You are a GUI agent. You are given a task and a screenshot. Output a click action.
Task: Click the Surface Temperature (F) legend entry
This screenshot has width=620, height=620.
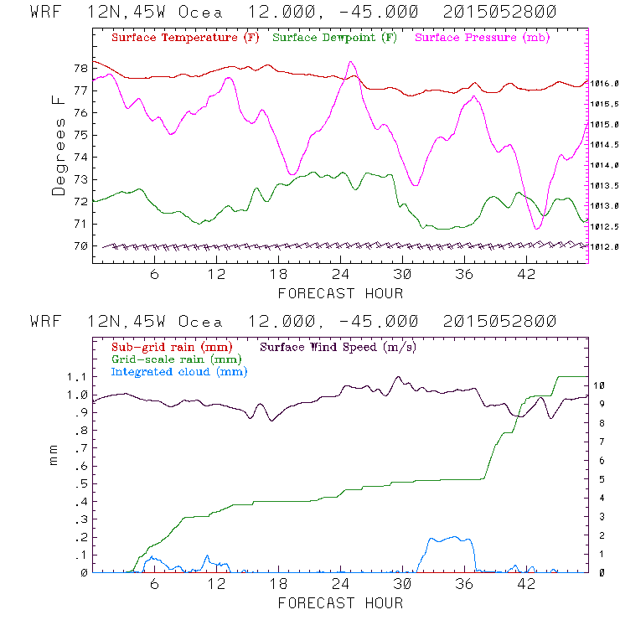click(x=185, y=39)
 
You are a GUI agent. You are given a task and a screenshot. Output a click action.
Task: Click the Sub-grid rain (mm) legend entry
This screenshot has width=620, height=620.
click(x=171, y=346)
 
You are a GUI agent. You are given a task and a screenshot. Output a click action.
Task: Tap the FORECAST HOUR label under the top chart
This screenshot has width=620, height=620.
click(x=340, y=293)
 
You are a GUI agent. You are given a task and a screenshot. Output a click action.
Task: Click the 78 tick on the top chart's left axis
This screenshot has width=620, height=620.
click(x=80, y=68)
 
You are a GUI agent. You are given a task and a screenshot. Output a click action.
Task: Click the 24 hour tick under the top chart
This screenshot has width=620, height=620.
click(x=340, y=275)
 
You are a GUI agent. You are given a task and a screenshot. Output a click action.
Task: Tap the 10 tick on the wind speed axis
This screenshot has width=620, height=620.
click(x=600, y=385)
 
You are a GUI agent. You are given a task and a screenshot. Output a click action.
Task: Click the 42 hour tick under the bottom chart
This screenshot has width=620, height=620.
click(x=526, y=584)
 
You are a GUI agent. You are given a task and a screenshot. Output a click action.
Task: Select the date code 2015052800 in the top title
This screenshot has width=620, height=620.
click(x=499, y=13)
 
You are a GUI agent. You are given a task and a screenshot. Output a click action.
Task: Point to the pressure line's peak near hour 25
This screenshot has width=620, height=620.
click(x=351, y=62)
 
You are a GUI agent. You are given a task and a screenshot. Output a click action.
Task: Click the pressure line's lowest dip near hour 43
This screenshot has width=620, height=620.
click(x=537, y=228)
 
